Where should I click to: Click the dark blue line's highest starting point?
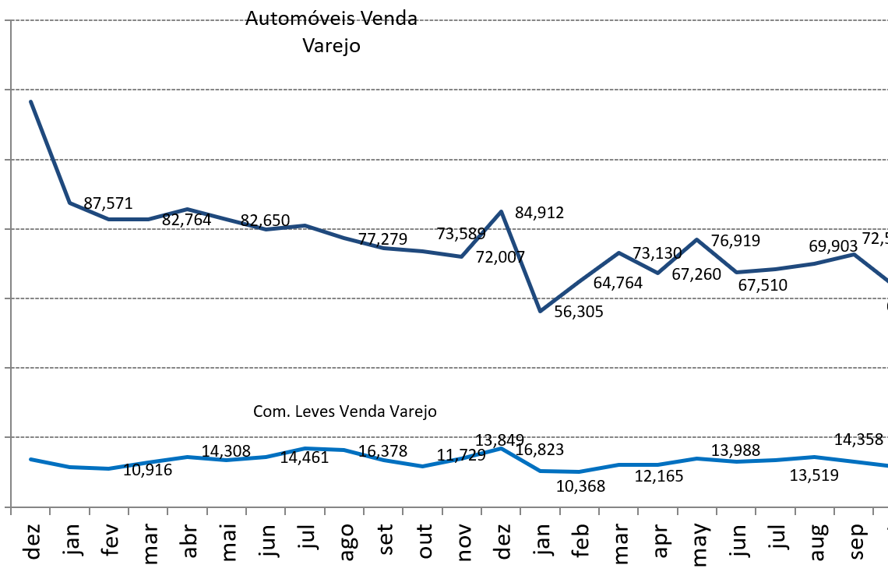coord(30,101)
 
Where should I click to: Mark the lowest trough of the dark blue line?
coord(540,311)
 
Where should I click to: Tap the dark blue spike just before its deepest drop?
coord(501,211)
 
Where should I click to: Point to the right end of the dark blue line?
coord(886,281)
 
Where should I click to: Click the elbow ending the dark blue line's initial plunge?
coord(70,203)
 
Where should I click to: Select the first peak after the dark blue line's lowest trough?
coord(618,252)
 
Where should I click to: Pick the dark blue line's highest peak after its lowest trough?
coord(696,239)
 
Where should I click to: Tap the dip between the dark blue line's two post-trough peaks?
coord(657,273)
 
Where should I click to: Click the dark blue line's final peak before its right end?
coord(854,254)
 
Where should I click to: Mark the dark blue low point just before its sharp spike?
coord(461,256)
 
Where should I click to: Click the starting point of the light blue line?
coord(30,459)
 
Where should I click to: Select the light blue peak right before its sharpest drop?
coord(501,448)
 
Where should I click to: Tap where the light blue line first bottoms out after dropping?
coord(540,471)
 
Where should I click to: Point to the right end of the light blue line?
coord(886,466)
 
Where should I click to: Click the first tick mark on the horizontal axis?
coord(11,510)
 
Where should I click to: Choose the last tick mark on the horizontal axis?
coord(873,510)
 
